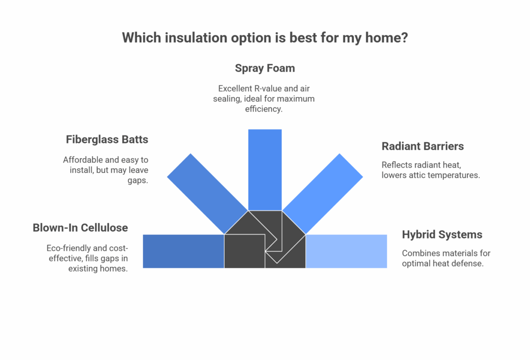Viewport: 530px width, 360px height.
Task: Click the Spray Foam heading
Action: (x=264, y=68)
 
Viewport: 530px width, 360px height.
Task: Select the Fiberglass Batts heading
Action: (x=107, y=140)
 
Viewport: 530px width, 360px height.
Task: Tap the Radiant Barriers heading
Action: (x=422, y=146)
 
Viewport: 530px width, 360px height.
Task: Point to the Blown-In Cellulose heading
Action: (x=80, y=228)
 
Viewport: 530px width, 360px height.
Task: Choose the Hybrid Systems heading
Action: (x=442, y=234)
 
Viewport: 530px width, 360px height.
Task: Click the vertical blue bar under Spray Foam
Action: (x=265, y=170)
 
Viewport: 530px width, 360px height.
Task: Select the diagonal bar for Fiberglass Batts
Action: (x=208, y=193)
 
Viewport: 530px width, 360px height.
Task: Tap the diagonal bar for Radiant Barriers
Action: (x=322, y=193)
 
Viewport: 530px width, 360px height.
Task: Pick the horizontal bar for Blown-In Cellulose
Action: (x=184, y=251)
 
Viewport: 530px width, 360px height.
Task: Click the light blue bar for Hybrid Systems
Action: (x=346, y=251)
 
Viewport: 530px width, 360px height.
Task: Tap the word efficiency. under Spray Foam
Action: (x=263, y=109)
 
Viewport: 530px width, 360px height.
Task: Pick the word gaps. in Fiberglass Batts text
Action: (x=138, y=181)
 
